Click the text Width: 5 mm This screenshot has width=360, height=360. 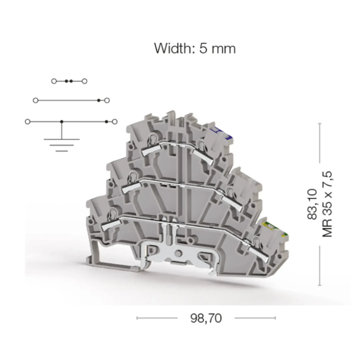click(195, 48)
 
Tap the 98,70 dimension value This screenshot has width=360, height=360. click(206, 318)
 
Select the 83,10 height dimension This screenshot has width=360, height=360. click(312, 204)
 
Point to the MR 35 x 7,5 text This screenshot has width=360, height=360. click(328, 204)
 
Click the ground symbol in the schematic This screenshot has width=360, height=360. click(62, 145)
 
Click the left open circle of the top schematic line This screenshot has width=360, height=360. click(54, 81)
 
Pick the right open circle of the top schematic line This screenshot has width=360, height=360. click(84, 81)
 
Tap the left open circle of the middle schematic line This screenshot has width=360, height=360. click(35, 100)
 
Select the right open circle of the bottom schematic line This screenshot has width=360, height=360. click(115, 122)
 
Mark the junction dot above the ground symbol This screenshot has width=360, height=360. click(62, 122)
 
